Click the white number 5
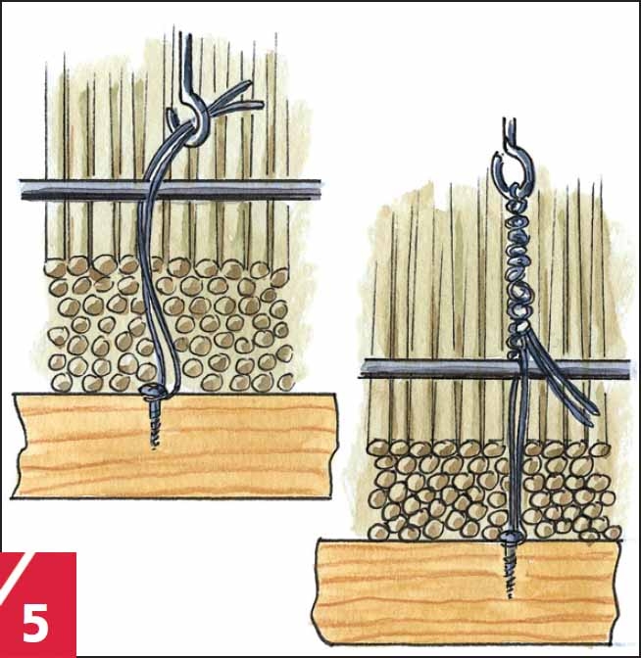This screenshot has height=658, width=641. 35,623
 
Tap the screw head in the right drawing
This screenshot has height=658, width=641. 512,537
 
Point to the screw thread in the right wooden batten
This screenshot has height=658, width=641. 511,569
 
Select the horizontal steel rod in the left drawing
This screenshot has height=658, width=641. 171,190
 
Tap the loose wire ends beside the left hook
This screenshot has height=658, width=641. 235,101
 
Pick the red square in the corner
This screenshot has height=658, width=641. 38,604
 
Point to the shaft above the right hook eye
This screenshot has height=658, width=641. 510,134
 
